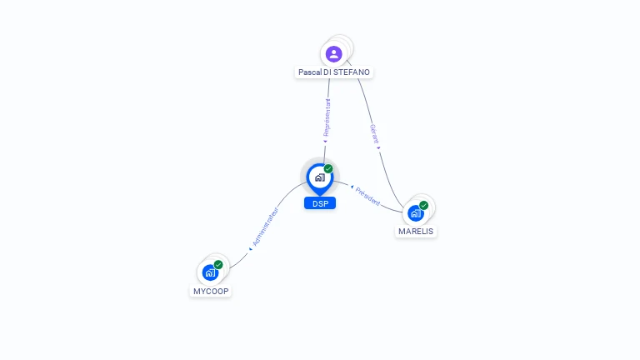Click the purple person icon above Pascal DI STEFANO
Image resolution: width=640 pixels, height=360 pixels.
click(334, 54)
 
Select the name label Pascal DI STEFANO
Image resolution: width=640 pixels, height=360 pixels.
click(334, 72)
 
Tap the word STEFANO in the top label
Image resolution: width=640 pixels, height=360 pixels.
click(352, 72)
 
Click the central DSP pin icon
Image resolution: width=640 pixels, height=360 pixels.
click(319, 177)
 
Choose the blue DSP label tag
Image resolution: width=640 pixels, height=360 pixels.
click(319, 203)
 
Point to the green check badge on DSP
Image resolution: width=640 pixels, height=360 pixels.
click(328, 168)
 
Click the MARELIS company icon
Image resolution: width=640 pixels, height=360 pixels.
click(415, 212)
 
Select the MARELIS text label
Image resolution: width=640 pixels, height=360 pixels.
click(416, 231)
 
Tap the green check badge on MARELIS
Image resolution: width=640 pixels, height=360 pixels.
click(424, 205)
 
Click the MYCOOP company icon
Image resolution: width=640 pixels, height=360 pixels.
click(210, 272)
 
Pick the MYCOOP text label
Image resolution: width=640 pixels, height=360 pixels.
click(211, 291)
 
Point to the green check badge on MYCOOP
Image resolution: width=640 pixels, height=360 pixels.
click(218, 265)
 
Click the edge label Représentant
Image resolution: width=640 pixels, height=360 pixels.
click(327, 117)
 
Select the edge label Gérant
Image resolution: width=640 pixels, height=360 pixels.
click(374, 133)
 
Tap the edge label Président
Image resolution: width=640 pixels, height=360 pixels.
click(367, 196)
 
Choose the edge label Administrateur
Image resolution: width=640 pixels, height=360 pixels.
click(265, 226)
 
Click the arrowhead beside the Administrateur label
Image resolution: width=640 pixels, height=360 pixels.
click(251, 247)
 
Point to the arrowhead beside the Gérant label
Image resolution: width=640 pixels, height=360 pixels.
click(378, 147)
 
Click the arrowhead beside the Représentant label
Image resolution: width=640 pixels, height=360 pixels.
click(325, 141)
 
